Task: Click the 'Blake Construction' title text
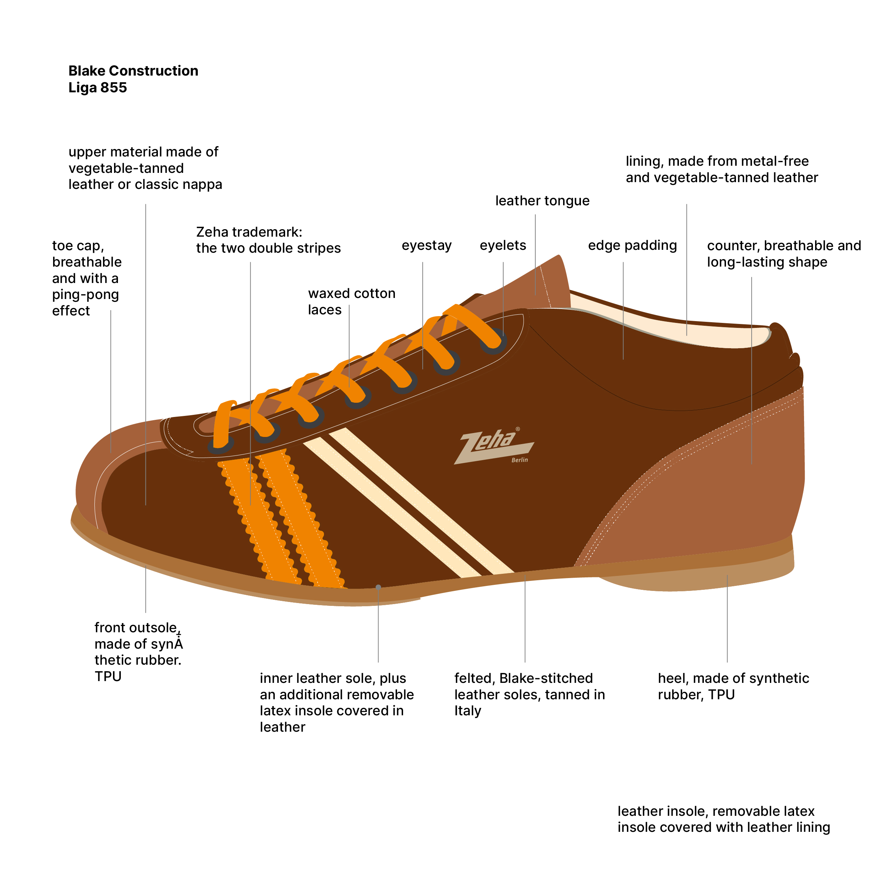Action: pos(133,71)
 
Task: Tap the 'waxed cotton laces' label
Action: pos(351,301)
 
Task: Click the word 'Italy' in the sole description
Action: pos(467,711)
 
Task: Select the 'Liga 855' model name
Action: pos(97,88)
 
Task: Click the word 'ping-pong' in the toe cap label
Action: pos(85,294)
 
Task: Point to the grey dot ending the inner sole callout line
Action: pos(378,587)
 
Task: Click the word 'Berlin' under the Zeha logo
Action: pos(519,460)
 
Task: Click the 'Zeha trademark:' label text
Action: pos(249,232)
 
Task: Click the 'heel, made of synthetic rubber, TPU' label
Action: pos(733,686)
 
